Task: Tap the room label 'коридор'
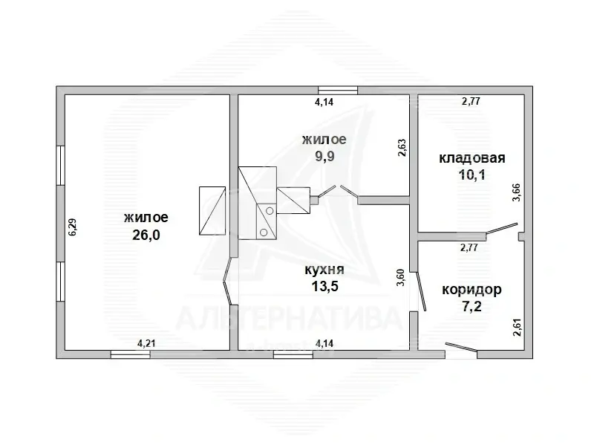click(471, 289)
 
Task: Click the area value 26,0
click(146, 235)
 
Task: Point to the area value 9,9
click(324, 157)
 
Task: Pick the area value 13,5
click(324, 286)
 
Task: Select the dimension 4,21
click(146, 343)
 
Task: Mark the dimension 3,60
click(402, 278)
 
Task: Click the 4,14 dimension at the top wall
click(324, 103)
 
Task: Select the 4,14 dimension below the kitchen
click(324, 343)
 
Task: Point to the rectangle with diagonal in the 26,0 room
click(212, 212)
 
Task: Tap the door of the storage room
click(501, 230)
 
